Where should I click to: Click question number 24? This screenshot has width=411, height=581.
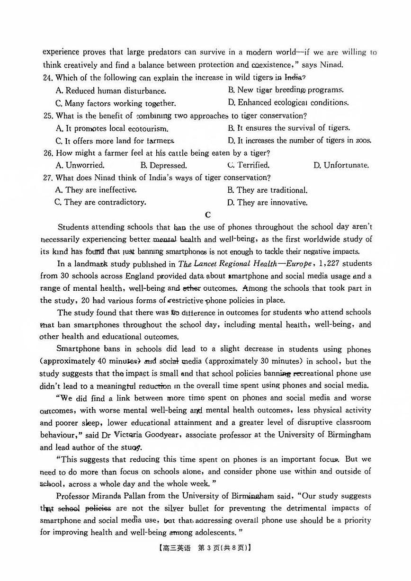click(x=49, y=78)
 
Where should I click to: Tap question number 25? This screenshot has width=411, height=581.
click(x=49, y=116)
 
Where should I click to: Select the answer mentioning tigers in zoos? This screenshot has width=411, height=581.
click(x=299, y=140)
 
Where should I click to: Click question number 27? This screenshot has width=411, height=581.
click(x=49, y=178)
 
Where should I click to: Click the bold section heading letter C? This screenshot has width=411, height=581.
click(x=207, y=214)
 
